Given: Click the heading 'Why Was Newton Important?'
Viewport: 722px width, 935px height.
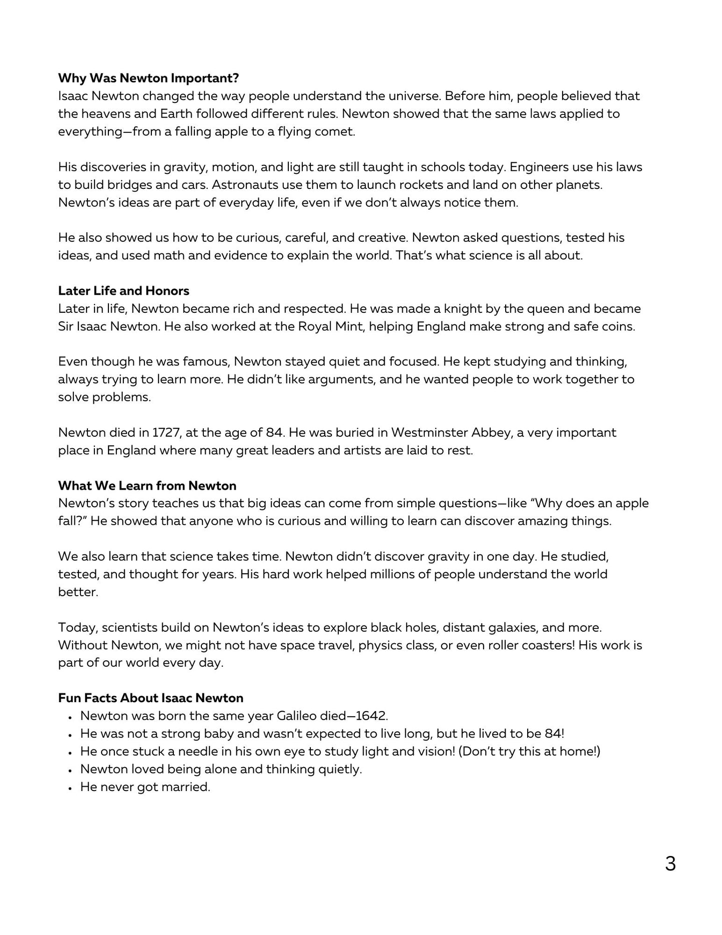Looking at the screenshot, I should [x=148, y=78].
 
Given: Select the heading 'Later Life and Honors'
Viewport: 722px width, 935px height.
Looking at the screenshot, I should [x=123, y=291].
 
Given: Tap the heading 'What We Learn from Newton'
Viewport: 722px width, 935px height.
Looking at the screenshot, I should [x=147, y=486].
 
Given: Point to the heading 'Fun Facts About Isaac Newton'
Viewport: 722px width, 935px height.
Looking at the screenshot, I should [x=150, y=698].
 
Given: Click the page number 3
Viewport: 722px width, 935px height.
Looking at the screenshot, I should [x=670, y=864].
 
